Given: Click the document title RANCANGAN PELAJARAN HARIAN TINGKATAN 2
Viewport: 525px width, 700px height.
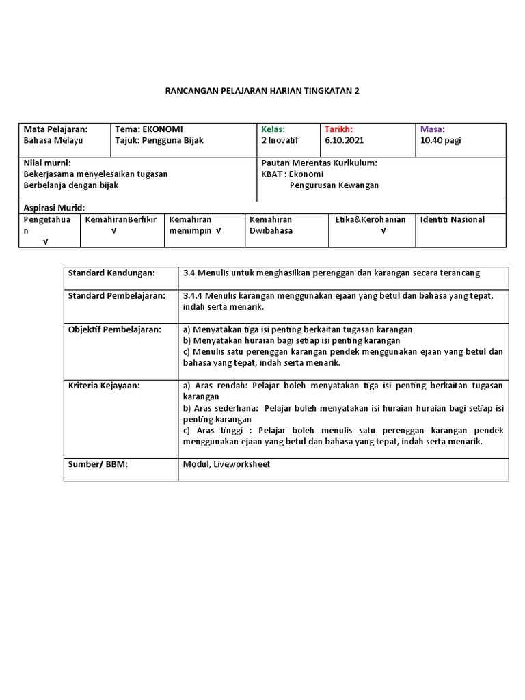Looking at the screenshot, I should coord(262,92).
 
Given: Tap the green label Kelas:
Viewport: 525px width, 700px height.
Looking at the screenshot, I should coord(273,129).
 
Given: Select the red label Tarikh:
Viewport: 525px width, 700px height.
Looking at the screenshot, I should coord(338,129).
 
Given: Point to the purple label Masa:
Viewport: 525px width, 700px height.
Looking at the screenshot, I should coord(432,129).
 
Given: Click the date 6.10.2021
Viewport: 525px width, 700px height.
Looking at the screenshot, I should coord(344,140).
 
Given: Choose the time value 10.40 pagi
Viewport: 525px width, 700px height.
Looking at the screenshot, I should coord(442,140).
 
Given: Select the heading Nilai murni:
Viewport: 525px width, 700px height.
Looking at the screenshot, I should coord(47,163).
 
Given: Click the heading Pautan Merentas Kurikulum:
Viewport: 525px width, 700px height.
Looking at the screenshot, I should coord(319,163).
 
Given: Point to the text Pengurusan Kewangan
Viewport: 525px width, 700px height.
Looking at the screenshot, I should coord(334,185).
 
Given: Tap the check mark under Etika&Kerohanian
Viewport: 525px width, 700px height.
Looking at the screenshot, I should coord(383,231).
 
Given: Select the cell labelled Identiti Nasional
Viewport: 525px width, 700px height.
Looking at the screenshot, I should coord(452,219).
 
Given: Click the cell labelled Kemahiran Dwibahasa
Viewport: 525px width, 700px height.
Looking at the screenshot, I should coord(271,225).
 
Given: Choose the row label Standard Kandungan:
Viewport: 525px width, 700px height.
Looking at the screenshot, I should coord(111,273).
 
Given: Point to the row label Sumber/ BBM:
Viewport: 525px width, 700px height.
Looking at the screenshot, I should coord(98,464).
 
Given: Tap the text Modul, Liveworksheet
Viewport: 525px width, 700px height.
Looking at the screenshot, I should coord(226,464).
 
